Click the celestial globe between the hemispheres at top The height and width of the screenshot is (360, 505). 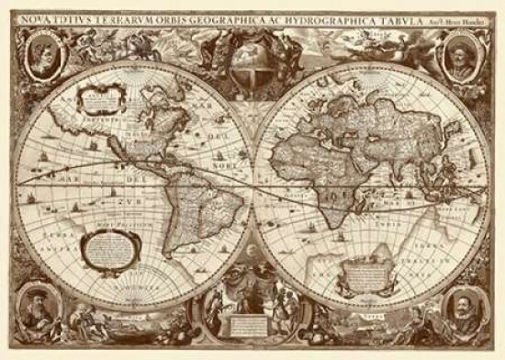[x=252, y=65]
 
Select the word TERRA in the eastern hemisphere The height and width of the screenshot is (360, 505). [x=439, y=246]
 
